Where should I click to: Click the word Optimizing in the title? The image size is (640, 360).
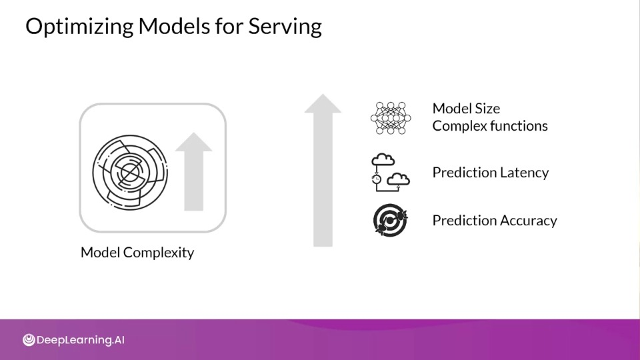pyautogui.click(x=79, y=27)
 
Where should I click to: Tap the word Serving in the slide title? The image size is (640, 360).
pyautogui.click(x=285, y=27)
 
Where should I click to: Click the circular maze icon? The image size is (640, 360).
pyautogui.click(x=130, y=173)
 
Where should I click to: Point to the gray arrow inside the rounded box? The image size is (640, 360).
pyautogui.click(x=194, y=171)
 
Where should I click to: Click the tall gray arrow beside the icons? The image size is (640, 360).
pyautogui.click(x=323, y=170)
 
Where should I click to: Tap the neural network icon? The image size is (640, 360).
pyautogui.click(x=391, y=118)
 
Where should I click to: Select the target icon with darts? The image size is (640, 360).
pyautogui.click(x=390, y=221)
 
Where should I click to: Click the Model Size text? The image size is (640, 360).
pyautogui.click(x=466, y=109)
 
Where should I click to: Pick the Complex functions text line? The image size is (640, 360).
pyautogui.click(x=490, y=126)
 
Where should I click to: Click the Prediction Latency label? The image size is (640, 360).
pyautogui.click(x=491, y=173)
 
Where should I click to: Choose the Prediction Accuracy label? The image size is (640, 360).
pyautogui.click(x=495, y=221)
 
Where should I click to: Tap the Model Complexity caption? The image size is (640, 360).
pyautogui.click(x=137, y=253)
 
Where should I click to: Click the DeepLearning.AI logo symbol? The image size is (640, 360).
pyautogui.click(x=29, y=340)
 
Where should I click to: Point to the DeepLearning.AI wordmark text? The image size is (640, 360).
pyautogui.click(x=81, y=340)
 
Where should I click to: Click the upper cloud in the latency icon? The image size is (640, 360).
pyautogui.click(x=383, y=159)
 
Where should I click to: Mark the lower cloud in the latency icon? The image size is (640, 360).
pyautogui.click(x=398, y=179)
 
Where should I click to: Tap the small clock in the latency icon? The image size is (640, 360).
pyautogui.click(x=376, y=179)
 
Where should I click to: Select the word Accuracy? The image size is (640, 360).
pyautogui.click(x=528, y=221)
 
